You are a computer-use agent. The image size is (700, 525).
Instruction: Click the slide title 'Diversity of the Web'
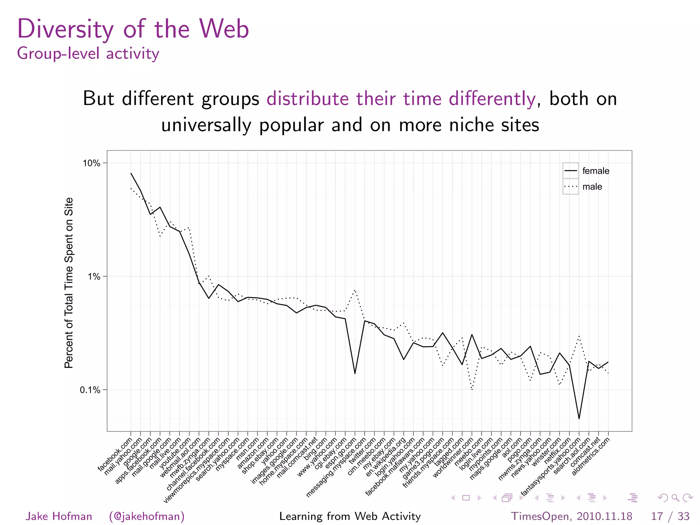click(133, 29)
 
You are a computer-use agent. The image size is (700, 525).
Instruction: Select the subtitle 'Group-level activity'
click(88, 54)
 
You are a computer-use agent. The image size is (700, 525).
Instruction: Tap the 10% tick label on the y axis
click(91, 163)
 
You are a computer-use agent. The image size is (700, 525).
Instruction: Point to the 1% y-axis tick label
click(94, 277)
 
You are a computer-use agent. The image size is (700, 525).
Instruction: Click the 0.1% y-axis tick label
click(90, 390)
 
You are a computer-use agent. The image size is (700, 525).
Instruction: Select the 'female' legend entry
click(595, 171)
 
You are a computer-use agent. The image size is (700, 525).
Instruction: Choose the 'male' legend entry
click(592, 187)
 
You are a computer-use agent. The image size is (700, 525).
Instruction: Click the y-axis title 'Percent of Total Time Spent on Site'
click(69, 283)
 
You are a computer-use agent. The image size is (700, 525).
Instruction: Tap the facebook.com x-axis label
click(115, 455)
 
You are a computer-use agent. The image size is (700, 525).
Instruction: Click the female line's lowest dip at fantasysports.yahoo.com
click(579, 418)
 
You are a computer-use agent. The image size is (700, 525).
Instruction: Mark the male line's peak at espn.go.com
click(355, 290)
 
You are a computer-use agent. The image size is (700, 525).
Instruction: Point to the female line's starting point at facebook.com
click(131, 173)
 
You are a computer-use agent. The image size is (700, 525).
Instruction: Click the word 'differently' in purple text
click(492, 99)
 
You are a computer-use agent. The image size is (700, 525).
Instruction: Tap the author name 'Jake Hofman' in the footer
click(59, 516)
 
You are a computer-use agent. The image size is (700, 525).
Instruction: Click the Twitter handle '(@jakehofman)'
click(147, 516)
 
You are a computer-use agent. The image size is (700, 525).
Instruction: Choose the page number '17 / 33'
click(670, 516)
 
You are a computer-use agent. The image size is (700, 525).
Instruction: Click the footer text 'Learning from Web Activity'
click(350, 516)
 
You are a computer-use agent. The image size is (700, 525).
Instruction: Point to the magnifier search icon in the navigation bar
click(675, 498)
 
